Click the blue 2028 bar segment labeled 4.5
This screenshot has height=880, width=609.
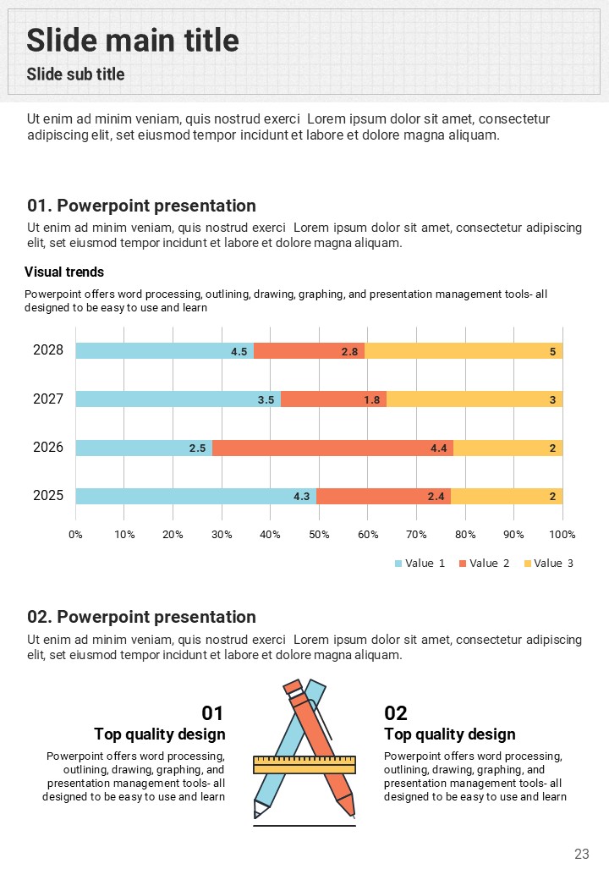coord(164,351)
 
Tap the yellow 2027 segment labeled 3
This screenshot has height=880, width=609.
coord(475,399)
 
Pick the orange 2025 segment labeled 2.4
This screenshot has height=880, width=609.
coord(383,497)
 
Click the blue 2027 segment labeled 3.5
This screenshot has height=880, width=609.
coord(178,399)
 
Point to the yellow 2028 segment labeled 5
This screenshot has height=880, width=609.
coord(464,351)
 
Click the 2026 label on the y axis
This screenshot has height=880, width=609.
coord(48,448)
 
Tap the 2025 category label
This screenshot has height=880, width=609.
coord(48,496)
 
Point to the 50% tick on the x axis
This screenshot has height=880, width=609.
coord(319,535)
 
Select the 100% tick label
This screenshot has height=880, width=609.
coord(562,535)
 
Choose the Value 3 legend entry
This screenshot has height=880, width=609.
coord(548,564)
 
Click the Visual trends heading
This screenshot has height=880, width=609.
coord(64,272)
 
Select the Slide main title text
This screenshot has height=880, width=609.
coord(133,40)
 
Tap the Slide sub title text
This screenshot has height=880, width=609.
coord(75,74)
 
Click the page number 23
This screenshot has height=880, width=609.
coord(581,854)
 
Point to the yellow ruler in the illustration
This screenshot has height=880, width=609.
coord(304,765)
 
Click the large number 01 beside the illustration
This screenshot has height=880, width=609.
coord(212,713)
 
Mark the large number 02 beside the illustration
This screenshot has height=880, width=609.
coord(396,713)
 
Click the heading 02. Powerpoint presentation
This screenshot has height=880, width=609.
coord(141,617)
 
